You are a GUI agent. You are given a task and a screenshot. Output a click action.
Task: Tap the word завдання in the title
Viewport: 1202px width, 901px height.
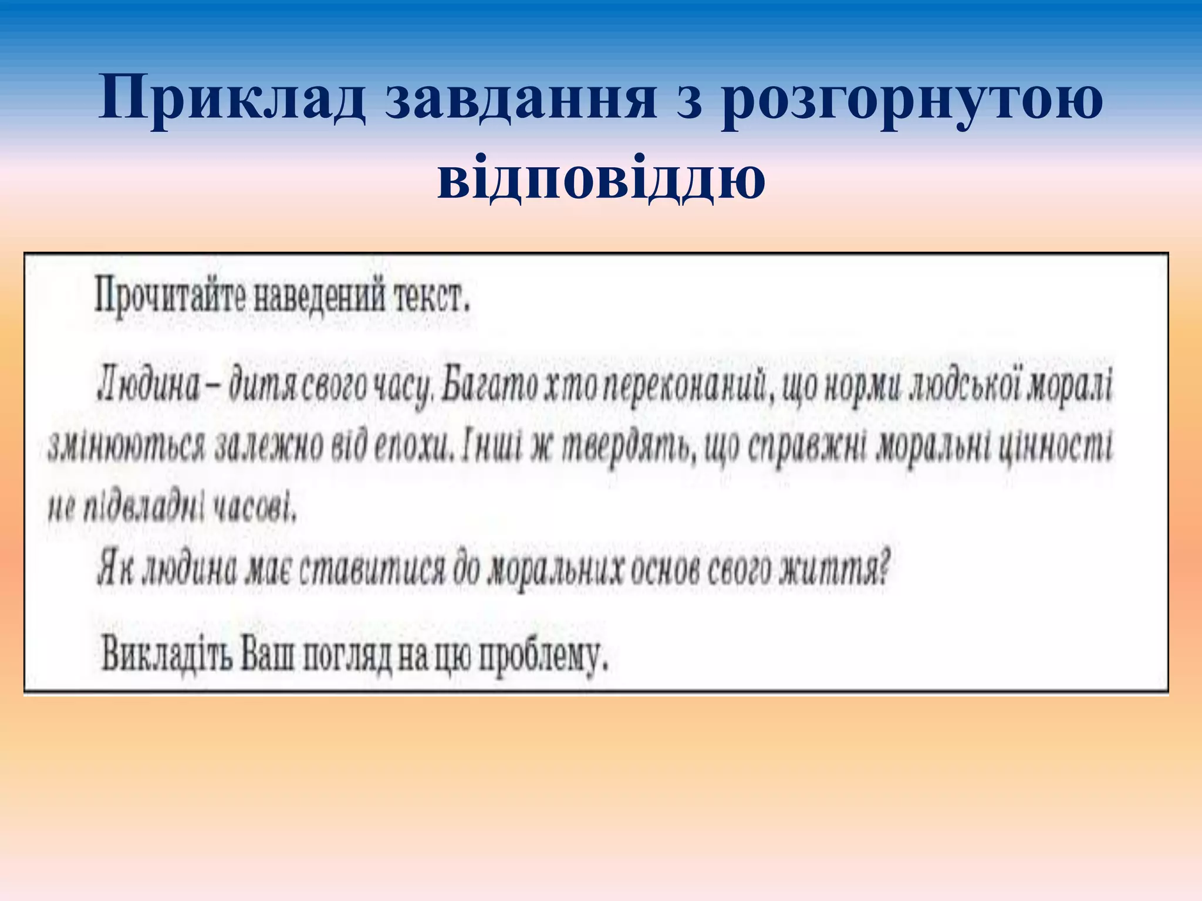tap(520, 98)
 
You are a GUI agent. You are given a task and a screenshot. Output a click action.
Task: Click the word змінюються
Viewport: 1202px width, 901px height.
tap(126, 448)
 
